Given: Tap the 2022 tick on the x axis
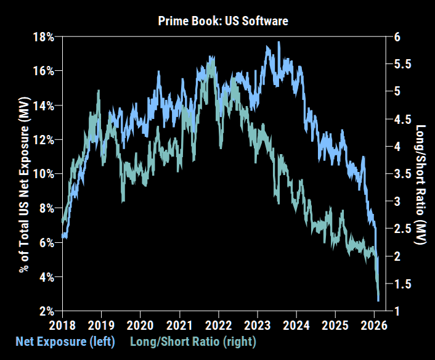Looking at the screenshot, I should click(218, 325).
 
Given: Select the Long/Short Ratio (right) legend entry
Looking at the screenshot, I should click(192, 341).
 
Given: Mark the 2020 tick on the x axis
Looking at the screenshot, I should click(140, 325).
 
